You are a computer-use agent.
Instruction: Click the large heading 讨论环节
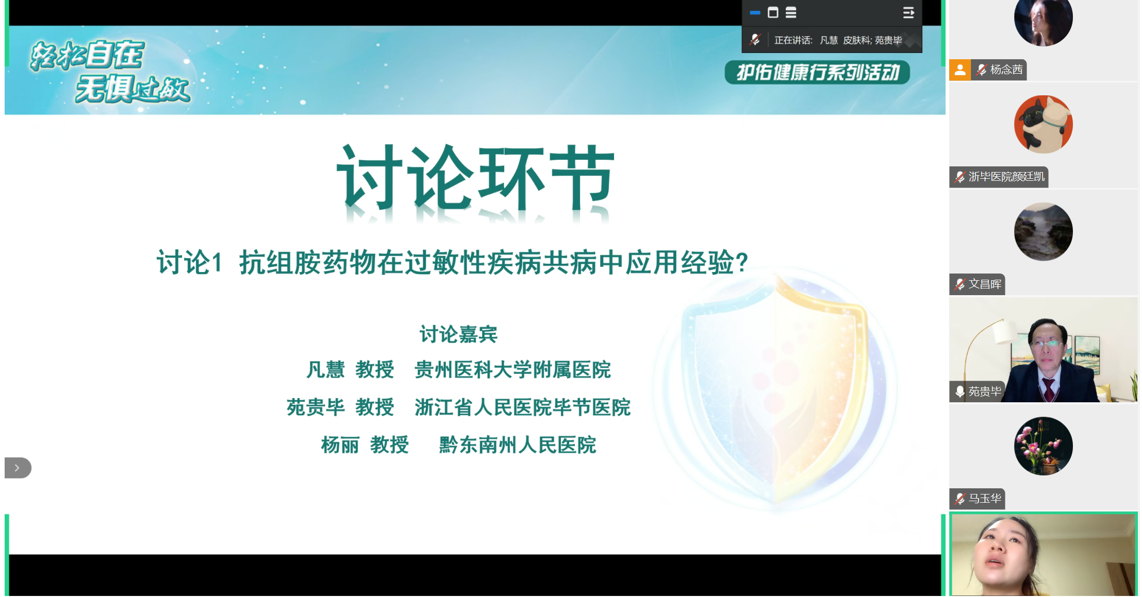coord(475,179)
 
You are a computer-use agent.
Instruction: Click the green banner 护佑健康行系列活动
coord(817,72)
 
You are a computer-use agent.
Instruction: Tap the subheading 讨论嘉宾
coord(458,334)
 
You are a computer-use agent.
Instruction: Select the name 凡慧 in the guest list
coord(325,370)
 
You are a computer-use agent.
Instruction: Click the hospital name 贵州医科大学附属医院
coord(512,370)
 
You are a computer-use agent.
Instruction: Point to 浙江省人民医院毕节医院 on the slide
coord(522,407)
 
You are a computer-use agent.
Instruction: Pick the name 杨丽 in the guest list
coord(340,445)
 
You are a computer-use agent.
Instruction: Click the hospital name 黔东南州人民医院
coord(517,445)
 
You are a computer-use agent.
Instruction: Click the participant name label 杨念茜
coord(1006,70)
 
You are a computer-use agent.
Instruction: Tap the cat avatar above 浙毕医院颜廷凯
coord(1043,124)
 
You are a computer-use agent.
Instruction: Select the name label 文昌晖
coord(985,284)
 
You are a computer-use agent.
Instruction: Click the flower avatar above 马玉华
coord(1043,446)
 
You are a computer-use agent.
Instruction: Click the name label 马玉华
coord(985,499)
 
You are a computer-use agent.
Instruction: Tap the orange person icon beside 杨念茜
coord(960,70)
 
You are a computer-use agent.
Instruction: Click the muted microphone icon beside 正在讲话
coord(755,40)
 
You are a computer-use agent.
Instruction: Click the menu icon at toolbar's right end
coord(908,13)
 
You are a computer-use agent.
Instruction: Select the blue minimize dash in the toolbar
coord(755,13)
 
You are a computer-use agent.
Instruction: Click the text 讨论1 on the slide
coord(189,263)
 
